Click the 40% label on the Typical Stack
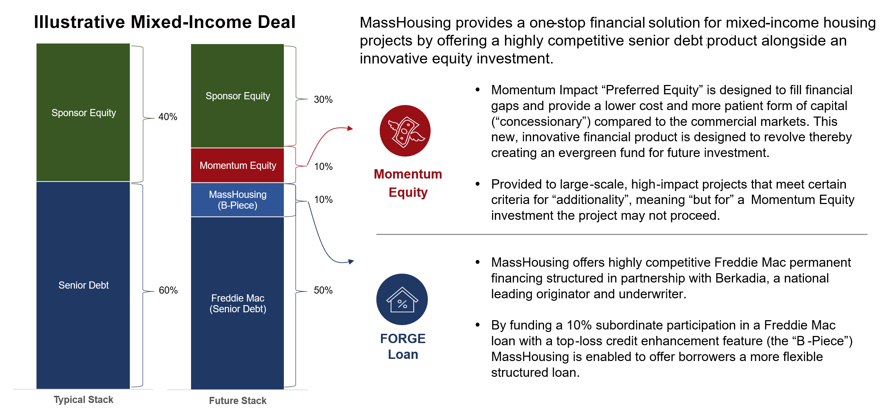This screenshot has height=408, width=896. coord(168,117)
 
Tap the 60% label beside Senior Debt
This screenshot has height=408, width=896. coord(168,290)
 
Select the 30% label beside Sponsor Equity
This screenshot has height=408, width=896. coord(323,100)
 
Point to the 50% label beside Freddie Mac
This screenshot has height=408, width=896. coord(323,290)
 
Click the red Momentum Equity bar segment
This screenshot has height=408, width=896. coord(237,165)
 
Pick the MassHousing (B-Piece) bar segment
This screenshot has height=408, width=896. coord(237,200)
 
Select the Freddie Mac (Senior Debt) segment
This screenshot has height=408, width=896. coord(237,303)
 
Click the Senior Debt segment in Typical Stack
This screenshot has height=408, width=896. coord(83,285)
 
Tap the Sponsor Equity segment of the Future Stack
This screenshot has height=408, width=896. coord(237,96)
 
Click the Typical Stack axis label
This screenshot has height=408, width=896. coord(84,400)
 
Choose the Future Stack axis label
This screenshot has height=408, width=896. coord(238,400)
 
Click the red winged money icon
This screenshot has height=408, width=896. coord(405,131)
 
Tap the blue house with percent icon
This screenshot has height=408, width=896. coord(402,299)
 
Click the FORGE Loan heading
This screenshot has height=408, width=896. coord(403,346)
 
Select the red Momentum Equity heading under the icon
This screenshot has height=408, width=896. coord(408,183)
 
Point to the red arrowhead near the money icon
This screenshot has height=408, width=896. coord(350,128)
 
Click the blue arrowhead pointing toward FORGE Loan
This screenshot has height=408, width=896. coord(351,262)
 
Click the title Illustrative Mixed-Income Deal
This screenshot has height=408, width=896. coord(165,22)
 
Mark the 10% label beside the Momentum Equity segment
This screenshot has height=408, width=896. coord(323,167)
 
